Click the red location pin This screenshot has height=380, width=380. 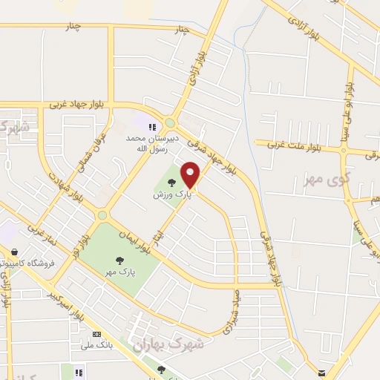pos(191,174)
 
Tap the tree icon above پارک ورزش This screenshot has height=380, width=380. pos(171,182)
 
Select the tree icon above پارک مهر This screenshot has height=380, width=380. pos(119,260)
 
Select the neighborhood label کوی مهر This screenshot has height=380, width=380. pos(324,180)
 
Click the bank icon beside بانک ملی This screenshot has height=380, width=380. pos(97,335)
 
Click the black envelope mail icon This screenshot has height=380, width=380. pos(321,373)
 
